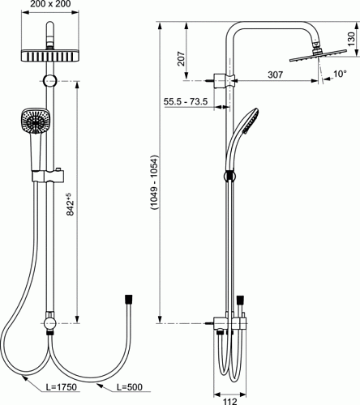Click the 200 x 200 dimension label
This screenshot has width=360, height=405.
[x=50, y=4]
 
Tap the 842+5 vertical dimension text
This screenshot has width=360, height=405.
[x=70, y=204]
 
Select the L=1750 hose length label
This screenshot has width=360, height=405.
[x=62, y=387]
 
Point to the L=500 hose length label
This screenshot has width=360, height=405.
[x=130, y=387]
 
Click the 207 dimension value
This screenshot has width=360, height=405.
[x=182, y=58]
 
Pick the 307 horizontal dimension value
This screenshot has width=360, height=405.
[x=276, y=75]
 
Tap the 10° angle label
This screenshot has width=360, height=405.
[x=340, y=74]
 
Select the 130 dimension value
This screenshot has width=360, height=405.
[x=351, y=39]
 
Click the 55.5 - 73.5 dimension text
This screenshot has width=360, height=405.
[x=186, y=101]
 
